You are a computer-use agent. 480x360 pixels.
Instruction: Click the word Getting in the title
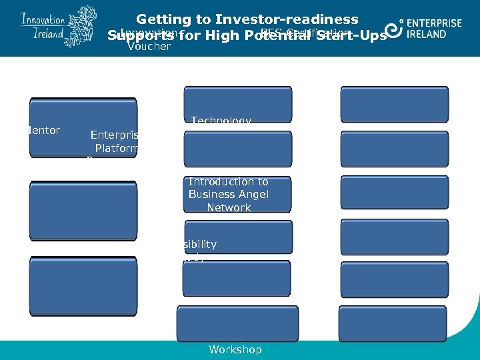[x=162, y=20]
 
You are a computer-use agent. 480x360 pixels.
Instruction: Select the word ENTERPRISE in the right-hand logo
[x=433, y=23]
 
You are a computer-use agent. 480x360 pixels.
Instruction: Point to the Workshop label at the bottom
[x=235, y=349]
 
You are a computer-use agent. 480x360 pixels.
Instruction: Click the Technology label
[x=221, y=121]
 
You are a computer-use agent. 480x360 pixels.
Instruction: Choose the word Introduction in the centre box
[x=228, y=181]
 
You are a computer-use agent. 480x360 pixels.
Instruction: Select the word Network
[x=229, y=208]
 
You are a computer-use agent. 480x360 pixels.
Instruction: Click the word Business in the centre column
[x=211, y=195]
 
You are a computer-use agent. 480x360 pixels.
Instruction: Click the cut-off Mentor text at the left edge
[x=45, y=131]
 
